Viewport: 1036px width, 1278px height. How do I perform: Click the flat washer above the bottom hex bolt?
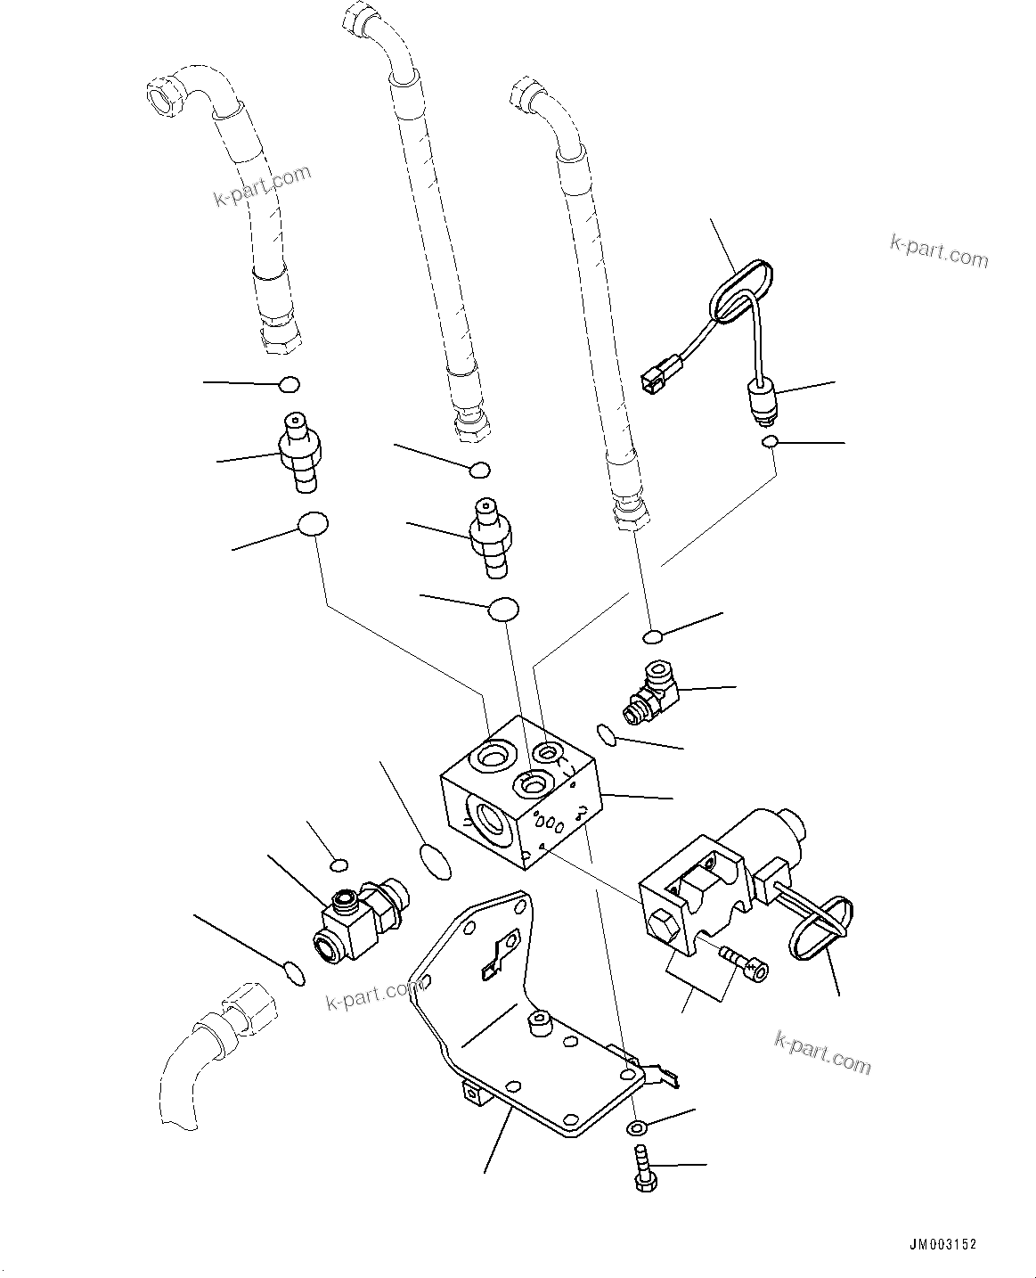click(x=639, y=1129)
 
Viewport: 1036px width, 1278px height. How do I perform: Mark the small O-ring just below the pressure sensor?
click(x=771, y=442)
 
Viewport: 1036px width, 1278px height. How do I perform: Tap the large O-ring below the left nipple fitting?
click(x=313, y=525)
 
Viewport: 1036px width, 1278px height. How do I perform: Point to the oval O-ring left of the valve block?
click(x=434, y=860)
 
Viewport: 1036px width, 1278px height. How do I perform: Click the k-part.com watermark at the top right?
click(x=939, y=251)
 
